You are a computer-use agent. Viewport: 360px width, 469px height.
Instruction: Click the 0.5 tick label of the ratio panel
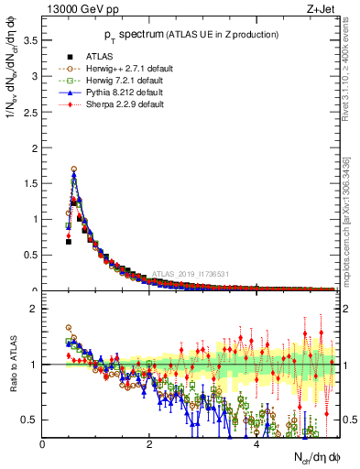coord(29,420)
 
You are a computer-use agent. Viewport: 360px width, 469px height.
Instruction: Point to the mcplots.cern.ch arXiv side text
coord(351,220)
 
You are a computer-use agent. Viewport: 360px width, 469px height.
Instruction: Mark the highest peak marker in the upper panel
coord(74,169)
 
